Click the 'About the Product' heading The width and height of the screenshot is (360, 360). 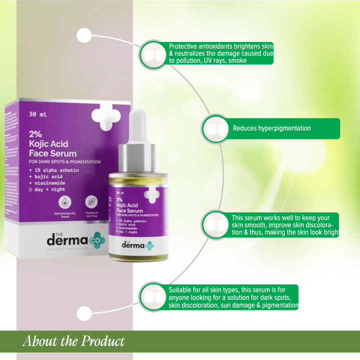coord(73,342)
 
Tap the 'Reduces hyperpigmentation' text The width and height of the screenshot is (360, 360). coord(271,128)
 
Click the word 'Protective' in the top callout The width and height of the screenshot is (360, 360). coord(183,46)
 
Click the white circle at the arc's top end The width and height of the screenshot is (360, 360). coord(84,35)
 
